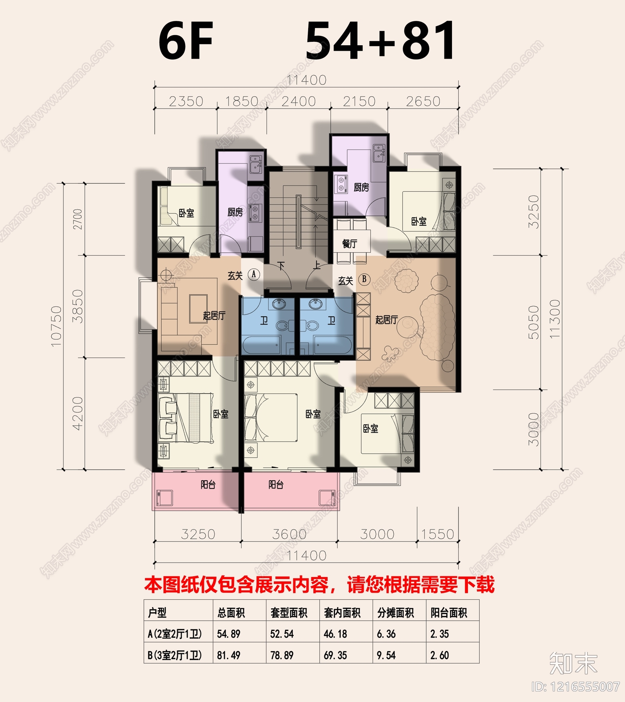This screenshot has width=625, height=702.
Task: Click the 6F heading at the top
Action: tap(186, 41)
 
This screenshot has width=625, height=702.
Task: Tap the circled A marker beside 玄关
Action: tap(254, 274)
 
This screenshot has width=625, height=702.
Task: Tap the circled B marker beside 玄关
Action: tap(364, 279)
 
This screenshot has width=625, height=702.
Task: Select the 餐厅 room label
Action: tap(350, 244)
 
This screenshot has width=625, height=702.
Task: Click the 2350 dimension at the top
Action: tap(186, 102)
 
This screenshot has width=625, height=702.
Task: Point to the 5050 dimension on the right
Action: tap(534, 322)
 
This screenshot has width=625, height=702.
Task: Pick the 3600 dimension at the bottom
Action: tap(289, 534)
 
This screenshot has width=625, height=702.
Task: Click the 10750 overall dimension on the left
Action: tap(56, 326)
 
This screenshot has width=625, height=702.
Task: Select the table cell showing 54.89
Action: tap(229, 634)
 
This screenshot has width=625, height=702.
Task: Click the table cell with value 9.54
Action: tap(386, 655)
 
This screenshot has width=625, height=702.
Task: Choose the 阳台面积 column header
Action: tap(449, 613)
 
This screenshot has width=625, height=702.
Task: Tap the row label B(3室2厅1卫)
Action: tap(175, 655)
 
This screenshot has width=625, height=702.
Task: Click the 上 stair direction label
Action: tap(317, 266)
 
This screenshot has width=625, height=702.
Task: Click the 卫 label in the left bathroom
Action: tap(264, 321)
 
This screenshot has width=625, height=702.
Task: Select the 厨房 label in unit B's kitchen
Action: tap(361, 187)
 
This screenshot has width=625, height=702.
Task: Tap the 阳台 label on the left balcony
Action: tap(208, 485)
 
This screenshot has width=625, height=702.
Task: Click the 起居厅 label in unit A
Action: tap(214, 315)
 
